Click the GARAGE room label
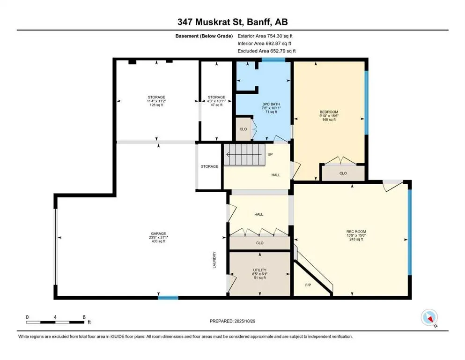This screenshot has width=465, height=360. click(x=158, y=233)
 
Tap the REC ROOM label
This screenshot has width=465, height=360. click(x=356, y=232)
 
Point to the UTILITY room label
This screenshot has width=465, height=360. click(x=260, y=270)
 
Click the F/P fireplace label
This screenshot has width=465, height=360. click(x=308, y=285)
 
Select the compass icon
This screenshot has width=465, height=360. click(x=429, y=317)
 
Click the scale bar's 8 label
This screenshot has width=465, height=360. click(x=83, y=317)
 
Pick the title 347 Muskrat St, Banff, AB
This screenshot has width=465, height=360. click(x=232, y=22)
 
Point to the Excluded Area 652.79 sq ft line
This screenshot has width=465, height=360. click(x=266, y=51)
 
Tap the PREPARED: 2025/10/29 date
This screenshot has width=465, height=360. click(x=232, y=321)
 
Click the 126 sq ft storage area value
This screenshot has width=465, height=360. click(x=157, y=105)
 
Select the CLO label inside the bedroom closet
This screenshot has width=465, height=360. click(x=343, y=173)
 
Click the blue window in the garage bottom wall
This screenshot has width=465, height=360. click(x=168, y=298)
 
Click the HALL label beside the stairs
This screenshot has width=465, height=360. click(x=276, y=175)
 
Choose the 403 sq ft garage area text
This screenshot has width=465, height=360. click(x=158, y=241)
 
